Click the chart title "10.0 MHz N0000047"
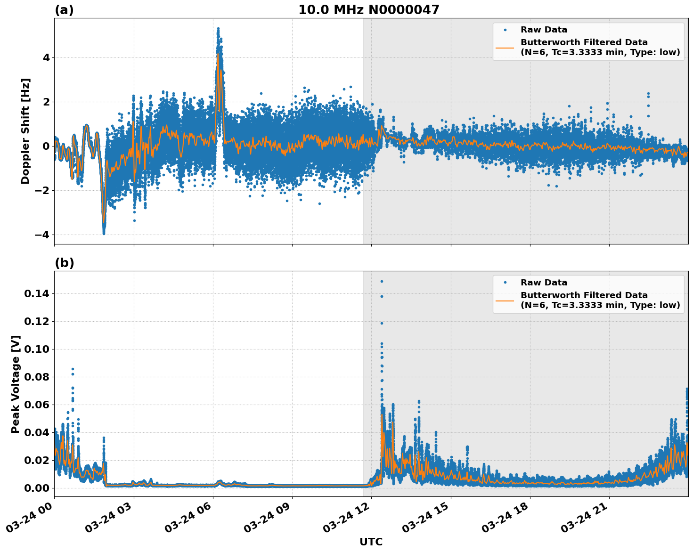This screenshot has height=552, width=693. click(368, 10)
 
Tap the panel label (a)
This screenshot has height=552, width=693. click(64, 10)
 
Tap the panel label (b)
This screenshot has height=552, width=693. click(64, 263)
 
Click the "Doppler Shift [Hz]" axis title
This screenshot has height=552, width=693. click(25, 131)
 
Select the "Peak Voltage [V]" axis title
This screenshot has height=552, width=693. click(16, 384)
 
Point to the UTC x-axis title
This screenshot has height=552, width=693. click(371, 542)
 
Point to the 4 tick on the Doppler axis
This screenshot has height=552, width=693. click(46, 57)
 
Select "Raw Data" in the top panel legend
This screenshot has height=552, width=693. click(544, 30)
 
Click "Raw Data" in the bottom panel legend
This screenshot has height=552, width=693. click(544, 283)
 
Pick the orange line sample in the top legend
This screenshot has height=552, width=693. click(505, 47)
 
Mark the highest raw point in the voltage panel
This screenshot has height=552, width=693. click(382, 281)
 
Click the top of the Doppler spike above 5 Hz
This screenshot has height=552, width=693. click(218, 29)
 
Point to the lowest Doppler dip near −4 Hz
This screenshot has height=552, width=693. click(104, 233)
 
